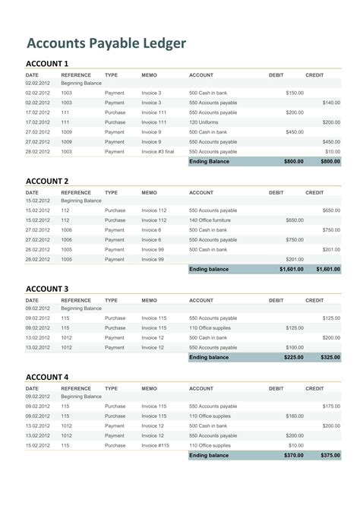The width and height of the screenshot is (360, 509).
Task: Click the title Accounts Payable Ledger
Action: point(106,43)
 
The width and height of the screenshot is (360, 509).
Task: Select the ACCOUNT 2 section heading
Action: point(47,181)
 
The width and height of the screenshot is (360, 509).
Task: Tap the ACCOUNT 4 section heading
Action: point(47,377)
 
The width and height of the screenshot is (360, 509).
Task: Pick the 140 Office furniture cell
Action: point(210,220)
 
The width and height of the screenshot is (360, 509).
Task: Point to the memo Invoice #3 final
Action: point(158,151)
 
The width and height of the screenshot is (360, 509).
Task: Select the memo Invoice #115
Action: point(155,445)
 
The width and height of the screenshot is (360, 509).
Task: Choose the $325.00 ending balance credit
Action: point(328,357)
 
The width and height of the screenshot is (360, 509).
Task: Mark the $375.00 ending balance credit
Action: point(328,455)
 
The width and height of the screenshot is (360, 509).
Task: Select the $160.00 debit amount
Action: point(294,416)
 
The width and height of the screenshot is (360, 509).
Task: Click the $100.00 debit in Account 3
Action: point(294,347)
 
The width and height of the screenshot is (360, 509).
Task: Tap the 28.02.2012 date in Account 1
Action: point(37,151)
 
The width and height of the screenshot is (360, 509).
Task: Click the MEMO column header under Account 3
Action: point(150,300)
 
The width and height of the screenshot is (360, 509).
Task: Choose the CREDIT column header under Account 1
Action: point(314,75)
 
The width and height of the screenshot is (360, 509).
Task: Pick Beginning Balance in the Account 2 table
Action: point(81,201)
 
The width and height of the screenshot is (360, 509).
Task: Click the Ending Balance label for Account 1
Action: point(209,161)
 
